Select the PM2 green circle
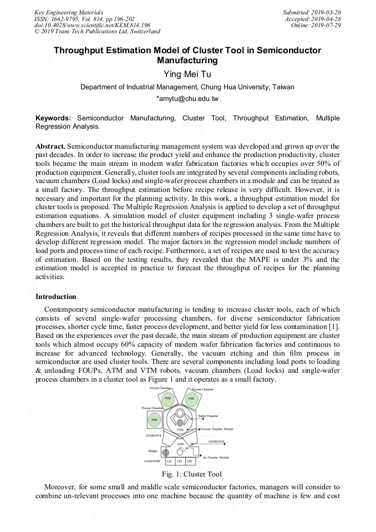[x=168, y=398]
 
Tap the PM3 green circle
[x=191, y=398]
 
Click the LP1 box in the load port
[x=170, y=461]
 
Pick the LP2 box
[x=179, y=461]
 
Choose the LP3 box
[x=189, y=461]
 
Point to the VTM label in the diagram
[x=180, y=430]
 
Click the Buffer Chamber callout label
[x=209, y=416]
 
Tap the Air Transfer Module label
[x=216, y=457]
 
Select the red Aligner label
[x=153, y=451]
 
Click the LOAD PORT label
[x=153, y=461]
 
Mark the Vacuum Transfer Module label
[x=217, y=429]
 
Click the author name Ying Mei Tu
[x=187, y=74]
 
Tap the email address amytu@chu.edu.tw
[x=187, y=99]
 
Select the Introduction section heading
[x=56, y=297]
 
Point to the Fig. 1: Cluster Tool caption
[x=187, y=474]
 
